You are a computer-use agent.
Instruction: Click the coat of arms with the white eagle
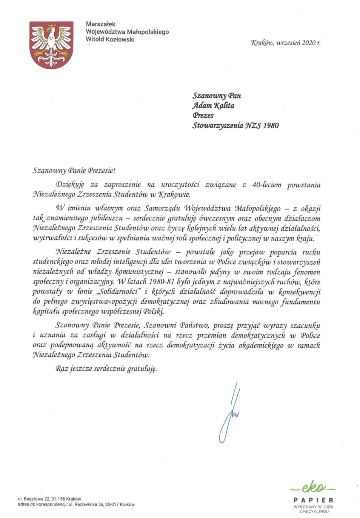(x=51, y=45)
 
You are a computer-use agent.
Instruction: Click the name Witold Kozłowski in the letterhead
(x=110, y=39)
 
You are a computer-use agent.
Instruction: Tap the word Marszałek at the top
(x=100, y=24)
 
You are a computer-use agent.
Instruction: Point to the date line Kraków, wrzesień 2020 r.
(x=286, y=43)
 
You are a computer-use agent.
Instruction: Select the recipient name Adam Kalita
(x=213, y=106)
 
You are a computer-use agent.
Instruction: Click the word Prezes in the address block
(x=203, y=116)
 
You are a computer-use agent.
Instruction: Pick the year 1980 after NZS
(x=271, y=125)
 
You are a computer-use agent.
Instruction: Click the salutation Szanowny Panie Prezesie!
(x=74, y=170)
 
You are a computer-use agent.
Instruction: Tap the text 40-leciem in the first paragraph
(x=267, y=185)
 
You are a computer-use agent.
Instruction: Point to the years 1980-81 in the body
(x=162, y=282)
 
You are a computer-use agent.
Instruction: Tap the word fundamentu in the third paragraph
(x=301, y=302)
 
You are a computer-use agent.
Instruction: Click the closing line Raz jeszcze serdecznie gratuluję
(x=106, y=368)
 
